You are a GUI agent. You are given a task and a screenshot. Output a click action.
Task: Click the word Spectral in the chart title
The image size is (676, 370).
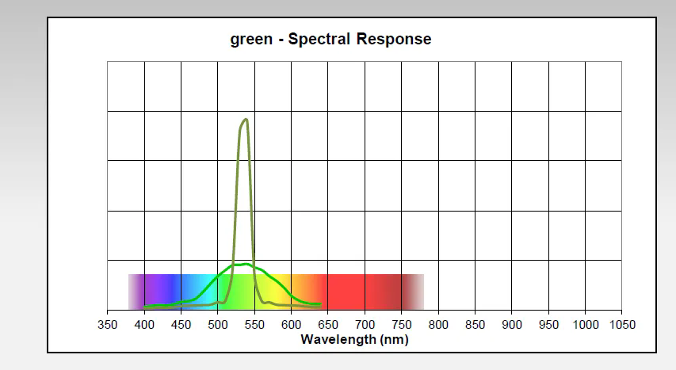319,39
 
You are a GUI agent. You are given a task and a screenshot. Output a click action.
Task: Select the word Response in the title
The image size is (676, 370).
393,39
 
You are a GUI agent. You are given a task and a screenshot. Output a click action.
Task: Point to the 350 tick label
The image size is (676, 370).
107,325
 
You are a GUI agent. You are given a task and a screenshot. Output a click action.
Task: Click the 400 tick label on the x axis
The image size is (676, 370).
144,325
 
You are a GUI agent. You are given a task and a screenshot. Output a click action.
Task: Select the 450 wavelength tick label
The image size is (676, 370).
181,325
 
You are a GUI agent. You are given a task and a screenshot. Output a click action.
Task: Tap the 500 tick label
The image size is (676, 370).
218,325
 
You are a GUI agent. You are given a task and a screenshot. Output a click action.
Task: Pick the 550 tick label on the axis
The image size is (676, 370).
254,325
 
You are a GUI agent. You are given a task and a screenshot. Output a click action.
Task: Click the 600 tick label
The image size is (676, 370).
291,325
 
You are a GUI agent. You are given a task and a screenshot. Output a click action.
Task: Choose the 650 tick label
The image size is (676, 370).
328,325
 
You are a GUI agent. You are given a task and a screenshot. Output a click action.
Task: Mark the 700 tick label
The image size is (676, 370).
365,325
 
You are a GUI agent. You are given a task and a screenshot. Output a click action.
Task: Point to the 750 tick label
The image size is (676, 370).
402,325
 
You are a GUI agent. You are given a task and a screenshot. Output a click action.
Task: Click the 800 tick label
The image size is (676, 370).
438,325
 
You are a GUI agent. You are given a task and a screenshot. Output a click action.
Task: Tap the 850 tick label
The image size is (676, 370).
475,325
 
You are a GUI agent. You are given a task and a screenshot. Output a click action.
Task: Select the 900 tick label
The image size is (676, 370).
512,325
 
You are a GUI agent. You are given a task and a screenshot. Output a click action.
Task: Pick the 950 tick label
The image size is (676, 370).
548,325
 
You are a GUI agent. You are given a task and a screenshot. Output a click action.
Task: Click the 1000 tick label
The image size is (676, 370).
585,325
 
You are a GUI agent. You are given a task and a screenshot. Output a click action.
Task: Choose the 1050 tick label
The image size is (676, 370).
622,325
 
